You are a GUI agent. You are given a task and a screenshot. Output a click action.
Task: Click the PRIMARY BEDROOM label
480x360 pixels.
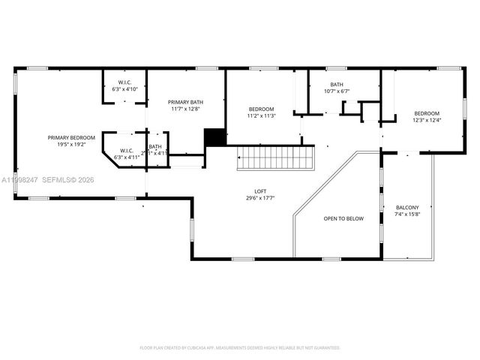[71, 137]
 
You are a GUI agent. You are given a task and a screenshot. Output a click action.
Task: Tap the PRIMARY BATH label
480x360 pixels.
[185, 102]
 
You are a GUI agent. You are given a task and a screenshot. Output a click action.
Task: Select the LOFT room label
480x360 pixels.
[261, 191]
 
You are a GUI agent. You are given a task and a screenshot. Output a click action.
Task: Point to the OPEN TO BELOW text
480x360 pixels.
[343, 219]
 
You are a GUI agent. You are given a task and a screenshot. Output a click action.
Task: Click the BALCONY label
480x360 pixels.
[407, 207]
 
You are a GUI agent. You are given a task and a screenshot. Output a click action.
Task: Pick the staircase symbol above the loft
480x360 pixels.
[274, 158]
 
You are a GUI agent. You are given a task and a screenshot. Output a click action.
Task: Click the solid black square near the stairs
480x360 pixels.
[215, 138]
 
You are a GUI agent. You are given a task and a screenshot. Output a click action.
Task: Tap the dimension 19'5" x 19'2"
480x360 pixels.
[71, 144]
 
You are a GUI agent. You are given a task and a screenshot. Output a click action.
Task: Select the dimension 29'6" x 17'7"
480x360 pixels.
[261, 198]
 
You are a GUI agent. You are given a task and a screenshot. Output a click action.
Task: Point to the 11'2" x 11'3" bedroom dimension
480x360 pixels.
[262, 115]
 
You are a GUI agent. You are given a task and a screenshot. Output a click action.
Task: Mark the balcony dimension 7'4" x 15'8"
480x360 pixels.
[407, 214]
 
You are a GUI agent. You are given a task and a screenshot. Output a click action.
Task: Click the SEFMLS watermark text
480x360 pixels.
[62, 180]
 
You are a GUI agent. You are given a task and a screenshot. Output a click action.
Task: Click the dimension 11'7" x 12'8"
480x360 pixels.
[185, 109]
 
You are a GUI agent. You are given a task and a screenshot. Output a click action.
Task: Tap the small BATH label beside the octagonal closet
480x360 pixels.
[154, 147]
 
